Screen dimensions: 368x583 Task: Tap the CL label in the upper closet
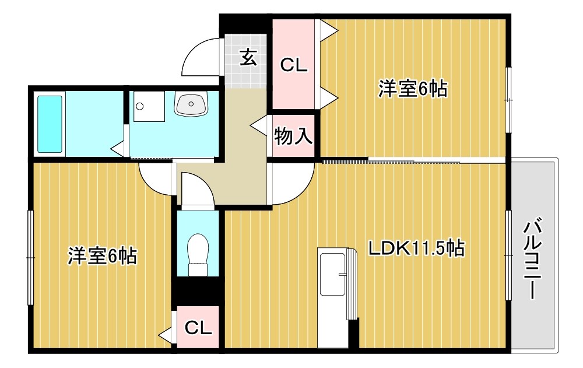pyautogui.click(x=293, y=65)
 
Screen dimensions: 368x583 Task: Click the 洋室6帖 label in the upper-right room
pyautogui.click(x=413, y=89)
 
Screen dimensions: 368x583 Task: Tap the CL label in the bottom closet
pyautogui.click(x=198, y=329)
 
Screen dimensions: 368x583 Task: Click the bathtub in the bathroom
pyautogui.click(x=50, y=123)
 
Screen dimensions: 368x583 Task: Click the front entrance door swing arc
pyautogui.click(x=202, y=57)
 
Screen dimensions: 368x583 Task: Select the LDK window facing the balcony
pyautogui.click(x=508, y=254)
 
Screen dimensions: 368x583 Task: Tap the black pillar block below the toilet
pyautogui.click(x=198, y=290)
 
